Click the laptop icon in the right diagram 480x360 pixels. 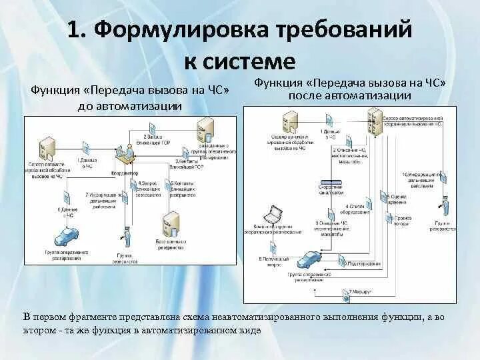pos(273,215)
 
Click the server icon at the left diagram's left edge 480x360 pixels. pos(47,148)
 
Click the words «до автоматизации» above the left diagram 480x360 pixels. pos(130,106)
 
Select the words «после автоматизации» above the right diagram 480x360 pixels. pos(349,95)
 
